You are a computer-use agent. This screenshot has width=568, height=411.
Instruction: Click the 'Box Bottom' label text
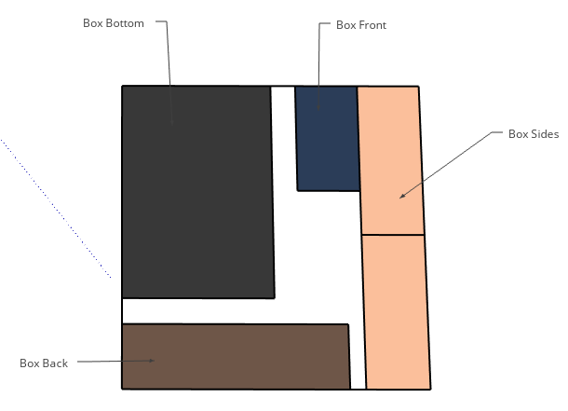coord(114,23)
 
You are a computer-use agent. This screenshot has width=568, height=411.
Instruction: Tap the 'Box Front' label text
coord(360,25)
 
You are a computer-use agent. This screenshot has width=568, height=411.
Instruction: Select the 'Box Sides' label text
coord(533,134)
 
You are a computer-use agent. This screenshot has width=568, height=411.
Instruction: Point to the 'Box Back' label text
coord(44,363)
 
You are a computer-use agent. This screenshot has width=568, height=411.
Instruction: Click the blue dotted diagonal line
coord(56,210)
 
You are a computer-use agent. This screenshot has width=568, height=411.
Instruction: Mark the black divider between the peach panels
coord(393,235)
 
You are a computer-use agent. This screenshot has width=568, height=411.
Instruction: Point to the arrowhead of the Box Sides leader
coord(402,197)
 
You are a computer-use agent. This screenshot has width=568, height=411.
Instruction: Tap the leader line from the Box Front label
coord(320,65)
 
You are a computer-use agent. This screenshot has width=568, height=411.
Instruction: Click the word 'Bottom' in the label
coord(126,23)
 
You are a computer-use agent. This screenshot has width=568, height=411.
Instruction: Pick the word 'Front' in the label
coord(372,25)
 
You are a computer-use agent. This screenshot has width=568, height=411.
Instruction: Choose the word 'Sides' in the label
coord(545,134)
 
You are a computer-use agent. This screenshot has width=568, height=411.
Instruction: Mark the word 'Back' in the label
coord(55,363)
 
